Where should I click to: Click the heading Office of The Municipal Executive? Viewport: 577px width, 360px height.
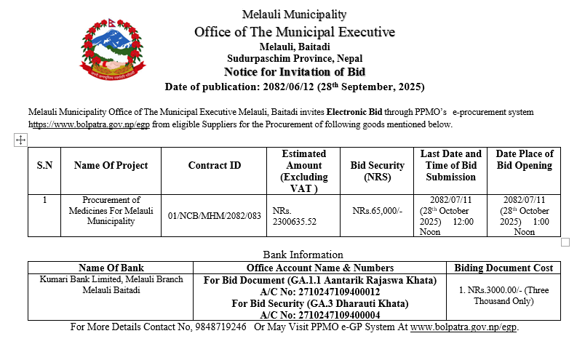click(x=294, y=32)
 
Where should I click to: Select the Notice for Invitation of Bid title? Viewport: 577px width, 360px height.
click(x=294, y=72)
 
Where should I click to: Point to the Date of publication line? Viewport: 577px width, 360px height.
click(x=294, y=87)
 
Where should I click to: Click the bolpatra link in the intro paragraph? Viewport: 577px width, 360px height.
click(x=89, y=124)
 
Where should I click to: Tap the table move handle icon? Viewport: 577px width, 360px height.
click(x=20, y=140)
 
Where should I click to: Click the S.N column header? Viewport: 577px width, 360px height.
click(x=44, y=166)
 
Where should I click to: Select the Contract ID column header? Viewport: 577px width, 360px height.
click(x=214, y=166)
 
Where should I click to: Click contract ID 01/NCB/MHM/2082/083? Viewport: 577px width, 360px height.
click(x=214, y=215)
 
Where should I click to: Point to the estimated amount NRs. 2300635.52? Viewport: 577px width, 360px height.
click(x=294, y=215)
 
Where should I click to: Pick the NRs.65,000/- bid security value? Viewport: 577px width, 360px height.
click(x=377, y=210)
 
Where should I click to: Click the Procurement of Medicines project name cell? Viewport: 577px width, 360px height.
click(x=111, y=210)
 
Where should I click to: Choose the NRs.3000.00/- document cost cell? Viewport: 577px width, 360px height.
click(x=504, y=295)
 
